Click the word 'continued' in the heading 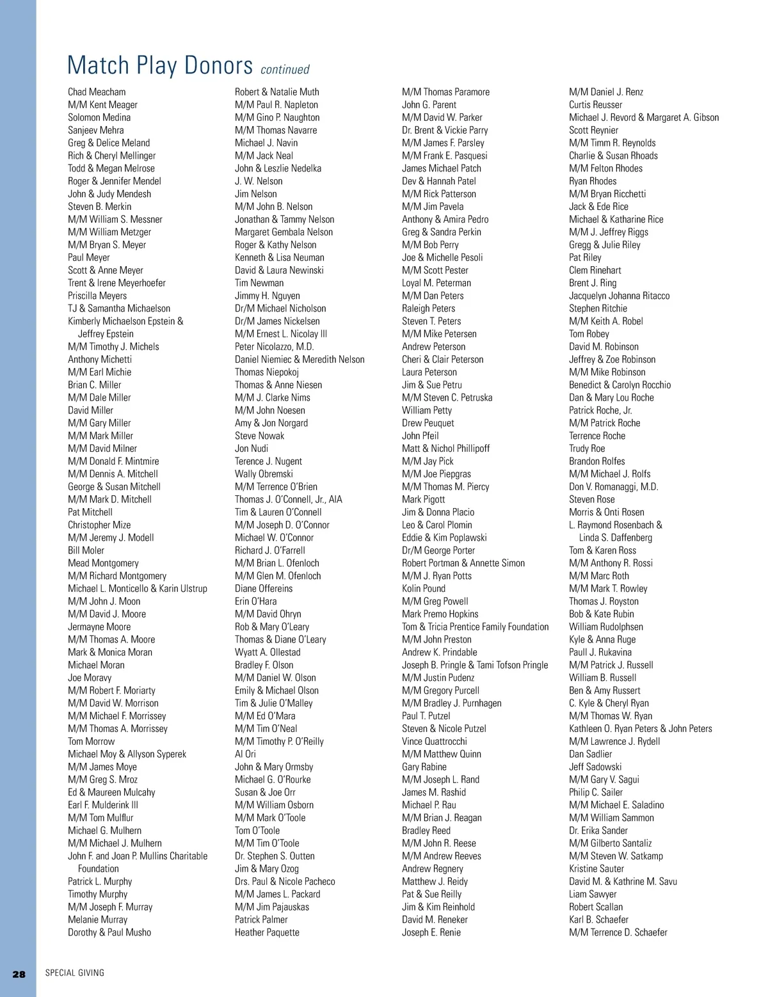(x=285, y=70)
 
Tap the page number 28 (x=19, y=974)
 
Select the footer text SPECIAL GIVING (x=74, y=973)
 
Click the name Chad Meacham (x=97, y=92)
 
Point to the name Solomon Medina (x=99, y=118)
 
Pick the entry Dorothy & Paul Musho (x=109, y=932)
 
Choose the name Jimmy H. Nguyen (x=267, y=296)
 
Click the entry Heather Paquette (x=267, y=932)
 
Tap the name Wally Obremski (x=264, y=474)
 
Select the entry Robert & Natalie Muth (x=276, y=92)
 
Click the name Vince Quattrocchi (x=435, y=741)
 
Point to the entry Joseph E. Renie (x=431, y=932)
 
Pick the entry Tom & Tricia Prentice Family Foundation (x=475, y=627)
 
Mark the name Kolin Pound (x=424, y=589)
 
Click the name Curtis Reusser (x=595, y=105)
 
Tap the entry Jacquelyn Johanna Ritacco (x=619, y=296)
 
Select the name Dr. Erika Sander (x=598, y=831)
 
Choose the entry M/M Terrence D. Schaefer (x=618, y=932)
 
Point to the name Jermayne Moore (x=99, y=627)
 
